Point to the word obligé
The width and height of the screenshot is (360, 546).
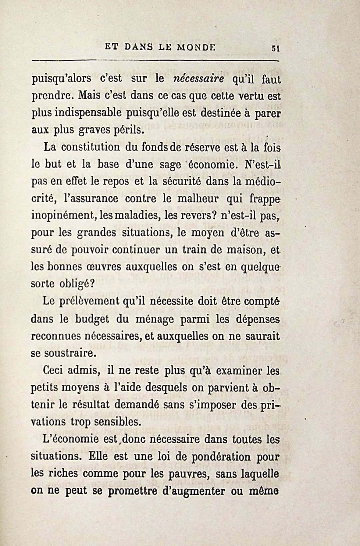73,284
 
